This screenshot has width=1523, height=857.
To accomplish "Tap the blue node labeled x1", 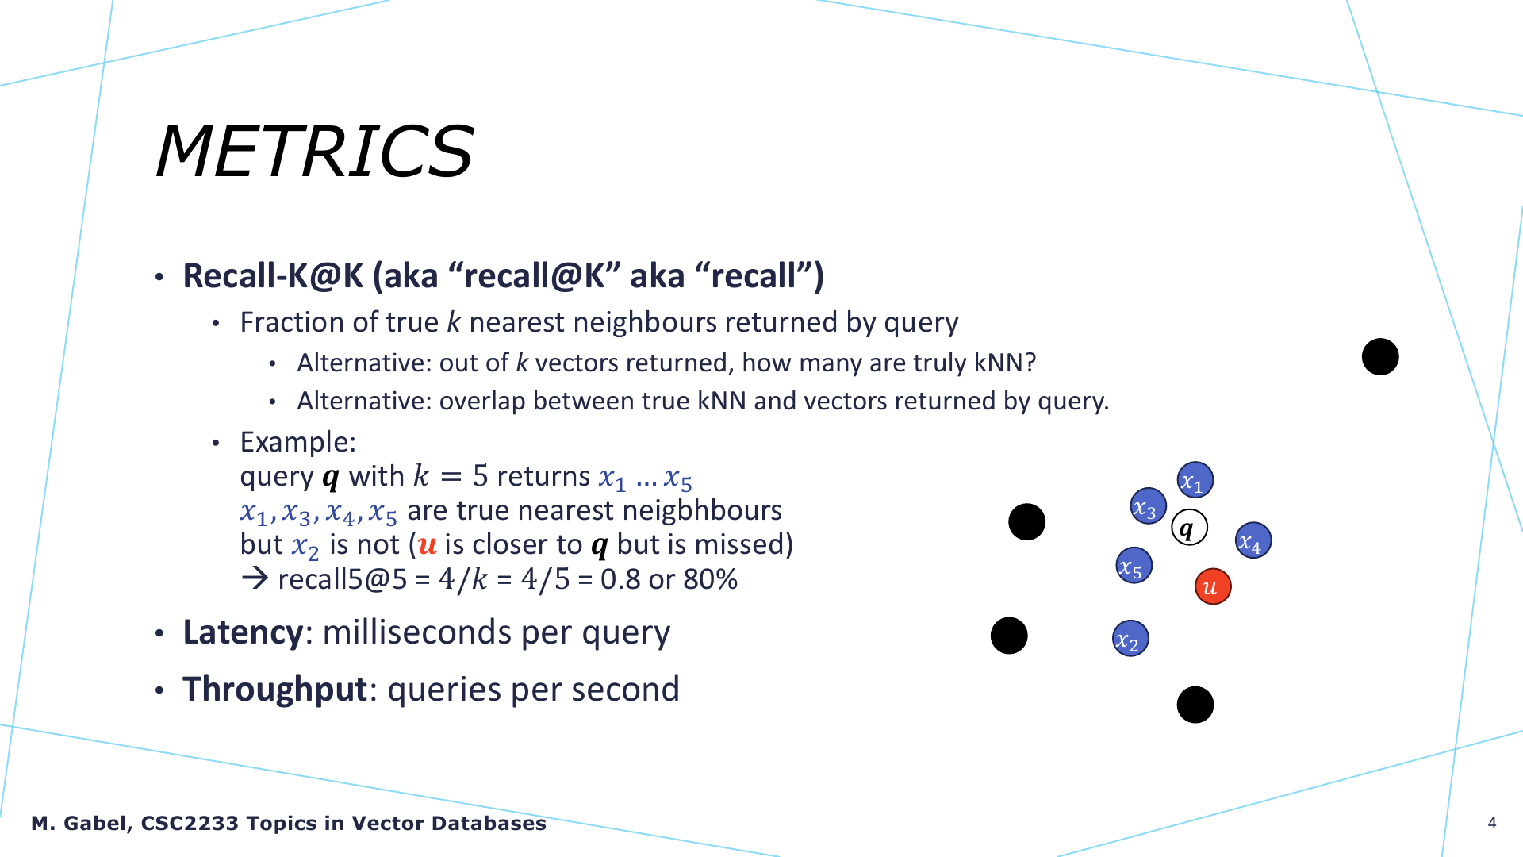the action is tap(1195, 480).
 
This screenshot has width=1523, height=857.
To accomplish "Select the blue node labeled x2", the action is tap(1130, 639).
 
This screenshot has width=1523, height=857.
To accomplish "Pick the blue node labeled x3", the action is tap(1148, 506).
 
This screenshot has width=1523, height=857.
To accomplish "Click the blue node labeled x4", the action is tap(1253, 540).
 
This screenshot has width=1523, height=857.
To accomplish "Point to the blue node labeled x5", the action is tap(1134, 566).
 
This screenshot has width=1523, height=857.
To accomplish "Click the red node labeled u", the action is tap(1213, 586).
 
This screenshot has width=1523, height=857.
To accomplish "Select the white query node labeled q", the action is tap(1189, 527).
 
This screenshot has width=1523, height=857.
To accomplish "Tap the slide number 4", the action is tap(1492, 823).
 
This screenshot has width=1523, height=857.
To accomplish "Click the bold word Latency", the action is tap(243, 632).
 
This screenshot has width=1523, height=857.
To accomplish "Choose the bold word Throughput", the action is tap(274, 689).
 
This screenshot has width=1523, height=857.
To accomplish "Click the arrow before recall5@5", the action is tap(255, 578).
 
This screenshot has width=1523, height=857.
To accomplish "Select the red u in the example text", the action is tap(428, 545).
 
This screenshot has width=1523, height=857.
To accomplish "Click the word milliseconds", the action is tap(417, 632).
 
